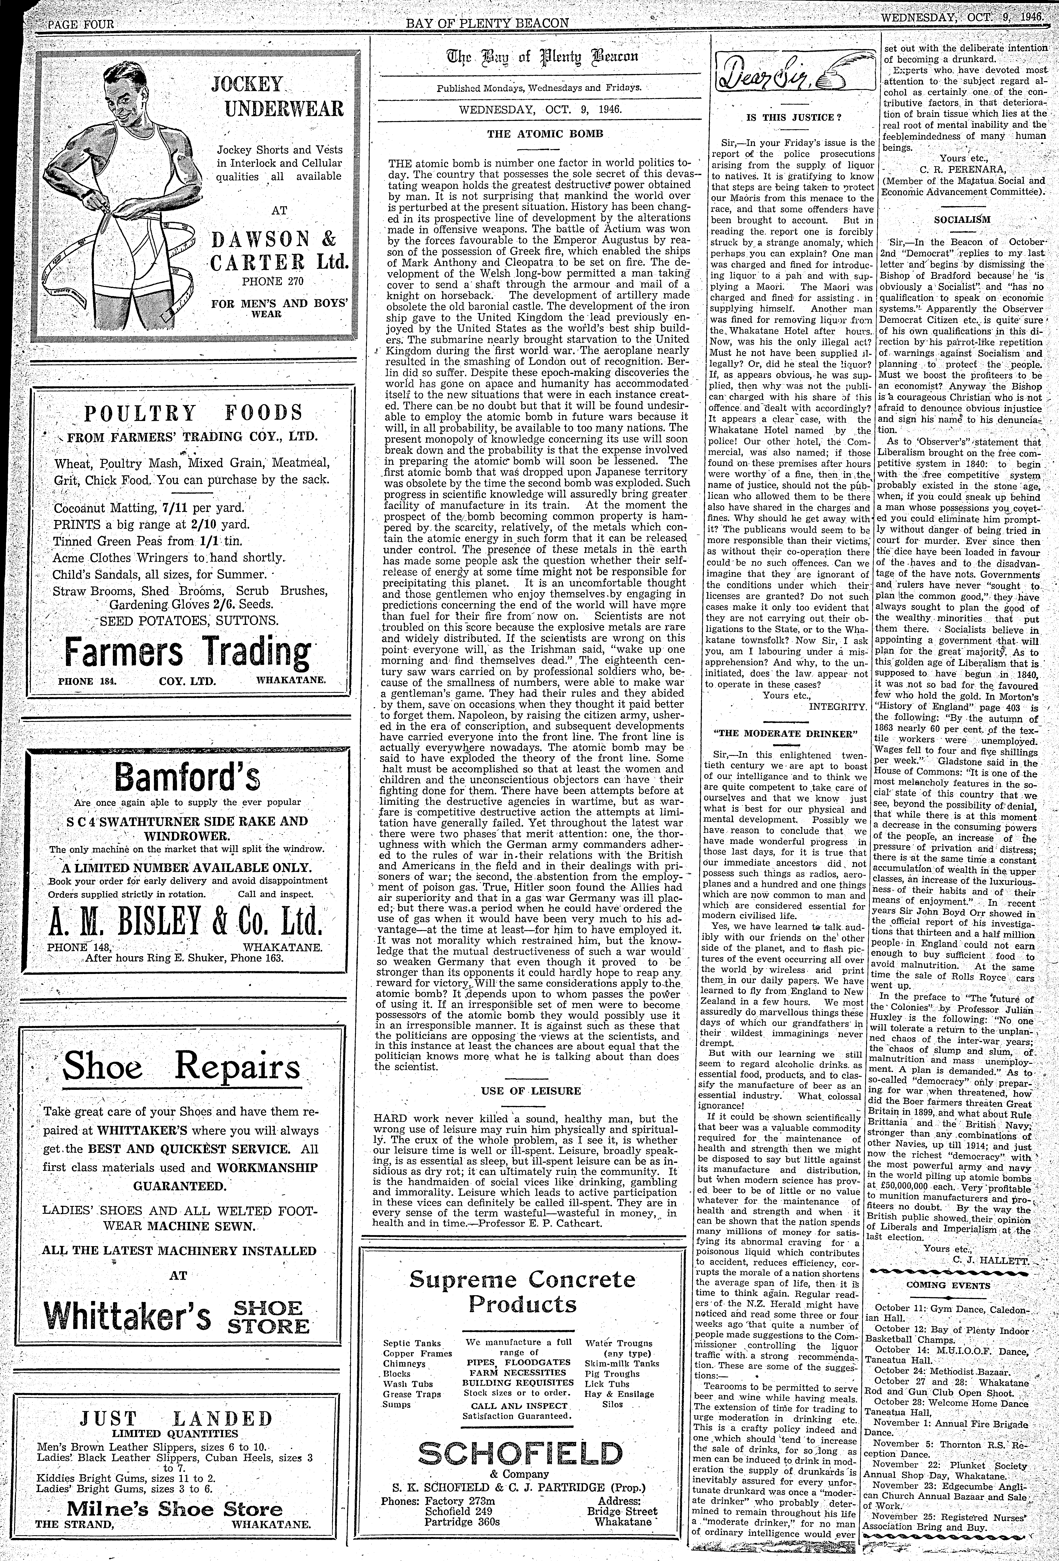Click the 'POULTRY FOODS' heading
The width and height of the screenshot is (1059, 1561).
coord(193,412)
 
